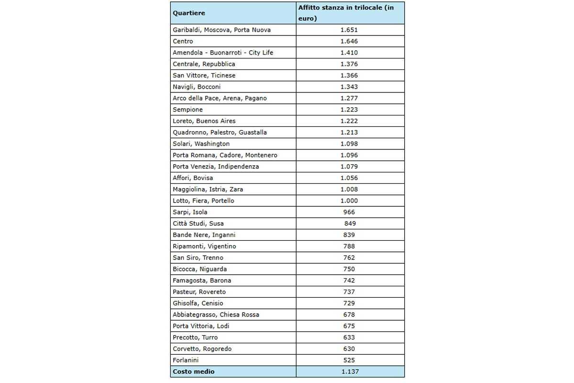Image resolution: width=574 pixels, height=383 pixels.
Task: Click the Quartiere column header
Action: click(x=189, y=13)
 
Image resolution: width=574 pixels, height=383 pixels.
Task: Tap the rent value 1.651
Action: click(x=349, y=30)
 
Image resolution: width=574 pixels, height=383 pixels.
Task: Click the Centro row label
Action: click(x=183, y=41)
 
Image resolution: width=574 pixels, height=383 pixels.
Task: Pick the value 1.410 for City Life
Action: click(x=349, y=53)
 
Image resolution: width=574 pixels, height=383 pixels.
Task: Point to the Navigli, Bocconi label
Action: click(x=197, y=87)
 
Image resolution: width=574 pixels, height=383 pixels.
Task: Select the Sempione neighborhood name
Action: click(x=188, y=110)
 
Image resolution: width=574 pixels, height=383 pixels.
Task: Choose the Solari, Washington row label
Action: click(x=201, y=144)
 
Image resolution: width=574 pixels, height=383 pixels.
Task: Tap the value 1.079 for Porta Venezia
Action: click(x=349, y=167)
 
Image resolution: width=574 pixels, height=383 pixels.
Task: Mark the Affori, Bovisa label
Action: click(x=193, y=178)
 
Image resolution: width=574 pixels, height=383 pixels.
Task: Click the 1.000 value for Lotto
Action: click(x=349, y=201)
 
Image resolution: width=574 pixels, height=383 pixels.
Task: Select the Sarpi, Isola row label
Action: click(x=190, y=212)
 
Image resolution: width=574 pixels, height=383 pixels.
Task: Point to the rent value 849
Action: click(x=350, y=224)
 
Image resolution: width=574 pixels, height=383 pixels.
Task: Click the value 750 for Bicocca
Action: click(x=349, y=269)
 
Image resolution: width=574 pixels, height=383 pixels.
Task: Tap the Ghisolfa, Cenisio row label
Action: click(x=198, y=303)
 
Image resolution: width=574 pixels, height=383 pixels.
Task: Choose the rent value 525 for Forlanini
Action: click(x=349, y=360)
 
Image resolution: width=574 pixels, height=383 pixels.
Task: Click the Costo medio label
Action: click(x=194, y=372)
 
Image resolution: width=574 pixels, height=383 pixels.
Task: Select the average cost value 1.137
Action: click(x=349, y=372)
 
